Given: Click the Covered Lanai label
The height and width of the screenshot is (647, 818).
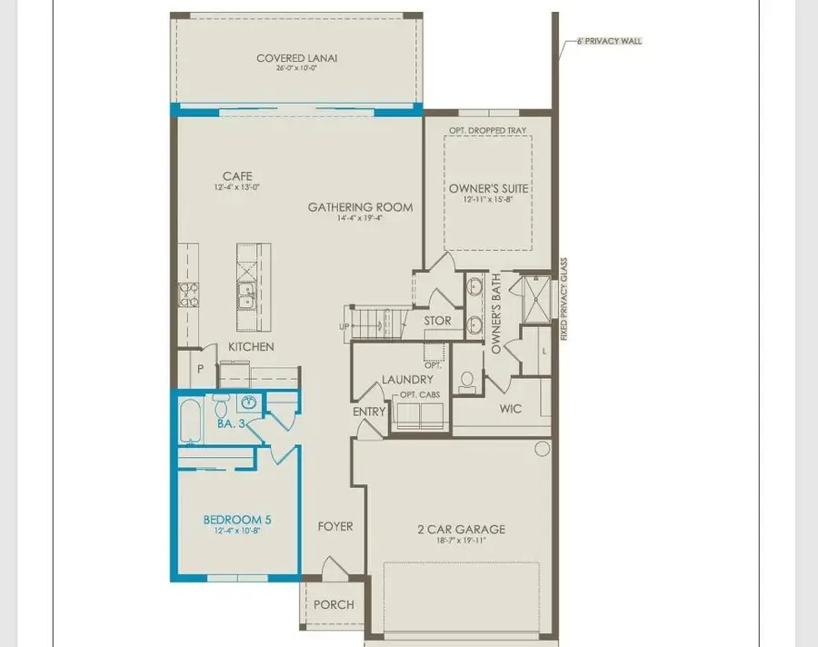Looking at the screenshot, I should click(292, 59).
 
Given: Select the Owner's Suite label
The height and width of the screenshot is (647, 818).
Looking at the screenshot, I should click(489, 189).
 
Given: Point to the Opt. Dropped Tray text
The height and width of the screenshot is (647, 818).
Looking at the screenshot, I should click(488, 131).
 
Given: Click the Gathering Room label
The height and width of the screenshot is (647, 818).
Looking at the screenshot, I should click(360, 207).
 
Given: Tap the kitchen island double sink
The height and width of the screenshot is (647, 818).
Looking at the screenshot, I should click(245, 293).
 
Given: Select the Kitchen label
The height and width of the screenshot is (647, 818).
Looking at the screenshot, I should click(251, 347).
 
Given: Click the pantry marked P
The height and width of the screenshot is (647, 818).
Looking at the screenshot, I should click(200, 369).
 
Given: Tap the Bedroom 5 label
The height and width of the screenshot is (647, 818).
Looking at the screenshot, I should click(236, 521).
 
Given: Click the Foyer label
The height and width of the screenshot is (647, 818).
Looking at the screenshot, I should click(334, 526).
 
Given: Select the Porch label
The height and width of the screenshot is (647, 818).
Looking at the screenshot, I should click(334, 604).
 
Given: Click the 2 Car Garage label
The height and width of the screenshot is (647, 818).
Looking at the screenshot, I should click(461, 530).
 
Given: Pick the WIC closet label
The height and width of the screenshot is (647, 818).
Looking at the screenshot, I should click(511, 409).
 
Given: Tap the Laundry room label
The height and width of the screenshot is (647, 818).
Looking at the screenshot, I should click(407, 380).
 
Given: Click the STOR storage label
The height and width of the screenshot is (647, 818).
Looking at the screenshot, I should click(438, 321).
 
